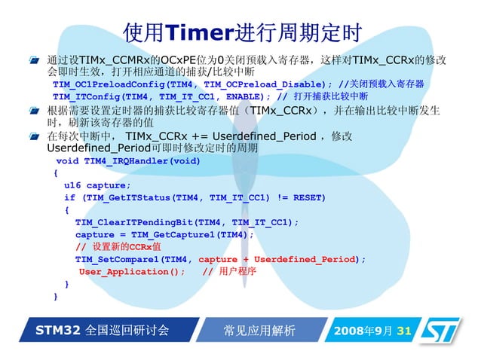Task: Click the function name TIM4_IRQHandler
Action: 129,161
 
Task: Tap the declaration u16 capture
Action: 87,185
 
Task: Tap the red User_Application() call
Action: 132,271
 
